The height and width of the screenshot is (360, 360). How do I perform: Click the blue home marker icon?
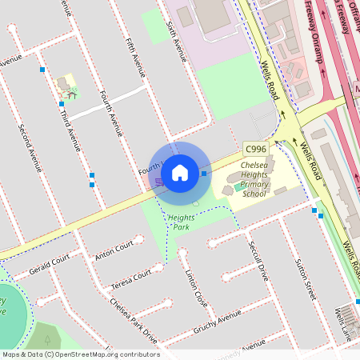pos(180,172)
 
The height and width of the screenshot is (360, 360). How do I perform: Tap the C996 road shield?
pos(255,149)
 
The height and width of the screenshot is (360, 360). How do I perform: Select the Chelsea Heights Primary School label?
pos(254,180)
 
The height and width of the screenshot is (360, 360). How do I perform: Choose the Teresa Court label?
pos(131,278)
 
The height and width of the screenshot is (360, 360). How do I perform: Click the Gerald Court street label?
pos(50,263)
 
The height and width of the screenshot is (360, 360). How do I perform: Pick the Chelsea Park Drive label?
pos(133,321)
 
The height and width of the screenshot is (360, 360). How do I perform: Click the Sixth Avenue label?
pos(176,42)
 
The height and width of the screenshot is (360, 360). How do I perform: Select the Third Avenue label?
pos(71,128)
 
